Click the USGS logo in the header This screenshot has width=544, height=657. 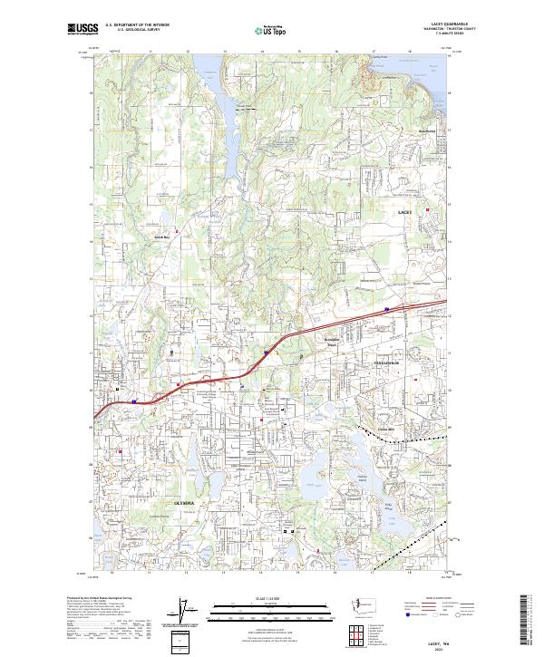83,30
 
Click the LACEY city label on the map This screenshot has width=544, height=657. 404,211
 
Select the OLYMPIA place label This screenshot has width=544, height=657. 185,499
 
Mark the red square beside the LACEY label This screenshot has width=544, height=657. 426,210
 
